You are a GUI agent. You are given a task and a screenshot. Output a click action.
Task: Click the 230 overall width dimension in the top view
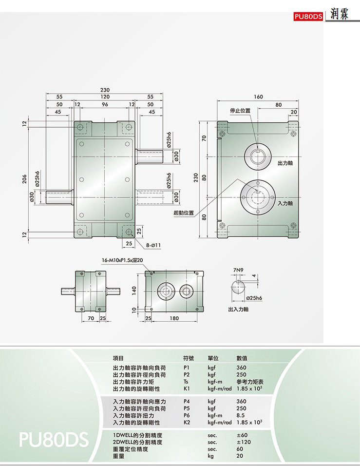105,90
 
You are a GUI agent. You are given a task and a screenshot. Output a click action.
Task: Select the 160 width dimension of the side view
259,97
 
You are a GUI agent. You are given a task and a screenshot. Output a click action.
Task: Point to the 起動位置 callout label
184,213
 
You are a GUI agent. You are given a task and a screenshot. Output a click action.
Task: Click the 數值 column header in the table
244,358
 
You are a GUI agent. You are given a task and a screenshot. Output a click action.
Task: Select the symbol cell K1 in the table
186,389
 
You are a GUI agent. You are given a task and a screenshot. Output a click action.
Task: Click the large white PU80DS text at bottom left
54,439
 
